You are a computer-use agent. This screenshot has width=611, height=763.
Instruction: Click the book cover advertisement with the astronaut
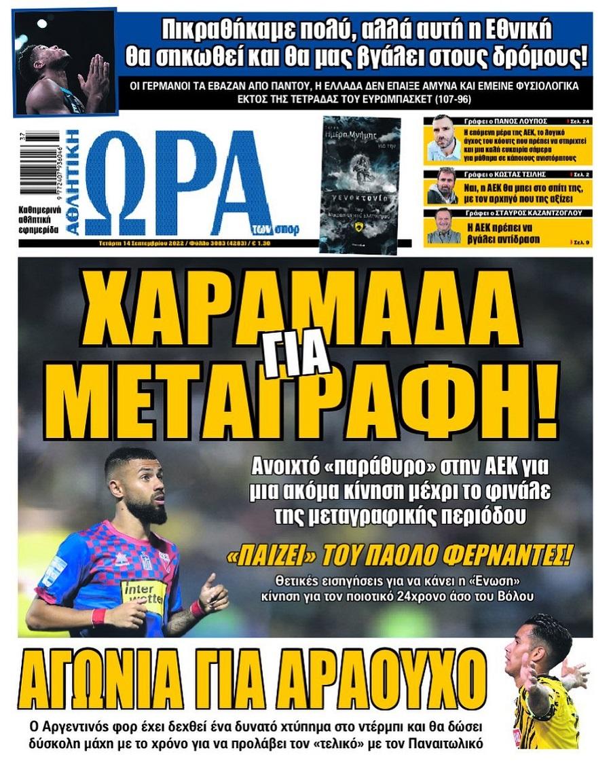click(360, 185)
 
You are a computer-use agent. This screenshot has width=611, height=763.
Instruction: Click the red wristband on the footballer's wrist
click(98, 617)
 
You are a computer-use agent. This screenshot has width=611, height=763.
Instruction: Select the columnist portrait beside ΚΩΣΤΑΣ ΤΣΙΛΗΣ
click(443, 187)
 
